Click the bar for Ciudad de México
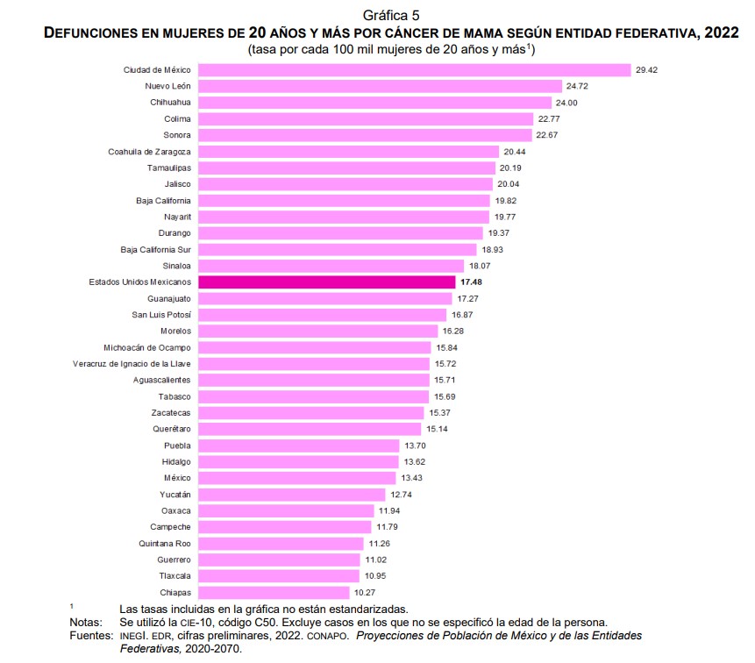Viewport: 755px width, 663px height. pyautogui.click(x=415, y=69)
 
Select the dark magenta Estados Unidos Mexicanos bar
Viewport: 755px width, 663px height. pyautogui.click(x=327, y=282)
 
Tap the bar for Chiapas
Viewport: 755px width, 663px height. pyautogui.click(x=274, y=593)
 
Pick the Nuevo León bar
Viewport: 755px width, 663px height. pyautogui.click(x=380, y=86)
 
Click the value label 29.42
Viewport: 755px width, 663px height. pyautogui.click(x=647, y=69)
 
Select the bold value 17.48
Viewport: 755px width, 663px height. pyautogui.click(x=471, y=282)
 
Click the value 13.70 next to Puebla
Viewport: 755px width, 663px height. pyautogui.click(x=415, y=446)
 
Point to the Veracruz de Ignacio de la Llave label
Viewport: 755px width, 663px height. pyautogui.click(x=132, y=363)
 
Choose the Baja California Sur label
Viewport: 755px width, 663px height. pyautogui.click(x=155, y=249)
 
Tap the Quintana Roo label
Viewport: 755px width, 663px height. pyautogui.click(x=167, y=544)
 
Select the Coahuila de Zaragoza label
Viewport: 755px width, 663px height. pyautogui.click(x=149, y=151)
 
